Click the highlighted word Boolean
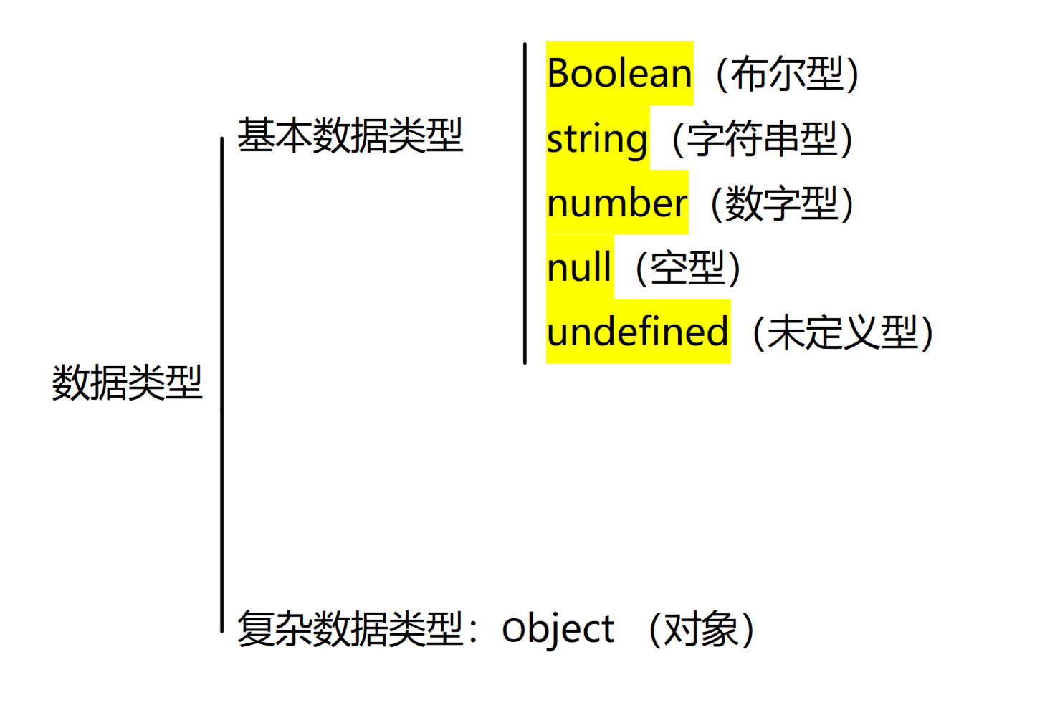pyautogui.click(x=619, y=74)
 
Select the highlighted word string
pyautogui.click(x=597, y=139)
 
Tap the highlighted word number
pyautogui.click(x=616, y=203)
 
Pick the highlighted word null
pyautogui.click(x=579, y=268)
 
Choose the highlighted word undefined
pyautogui.click(x=637, y=332)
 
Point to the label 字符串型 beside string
pyautogui.click(x=762, y=139)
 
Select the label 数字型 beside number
pyautogui.click(x=781, y=203)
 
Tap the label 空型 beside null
pyautogui.click(x=687, y=268)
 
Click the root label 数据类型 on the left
pyautogui.click(x=128, y=383)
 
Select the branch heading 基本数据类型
pyautogui.click(x=350, y=135)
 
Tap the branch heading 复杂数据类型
pyautogui.click(x=350, y=630)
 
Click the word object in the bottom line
pyautogui.click(x=558, y=630)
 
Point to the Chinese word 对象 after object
pyautogui.click(x=701, y=630)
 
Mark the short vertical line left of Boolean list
pyautogui.click(x=525, y=203)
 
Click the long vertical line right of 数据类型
pyautogui.click(x=222, y=384)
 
